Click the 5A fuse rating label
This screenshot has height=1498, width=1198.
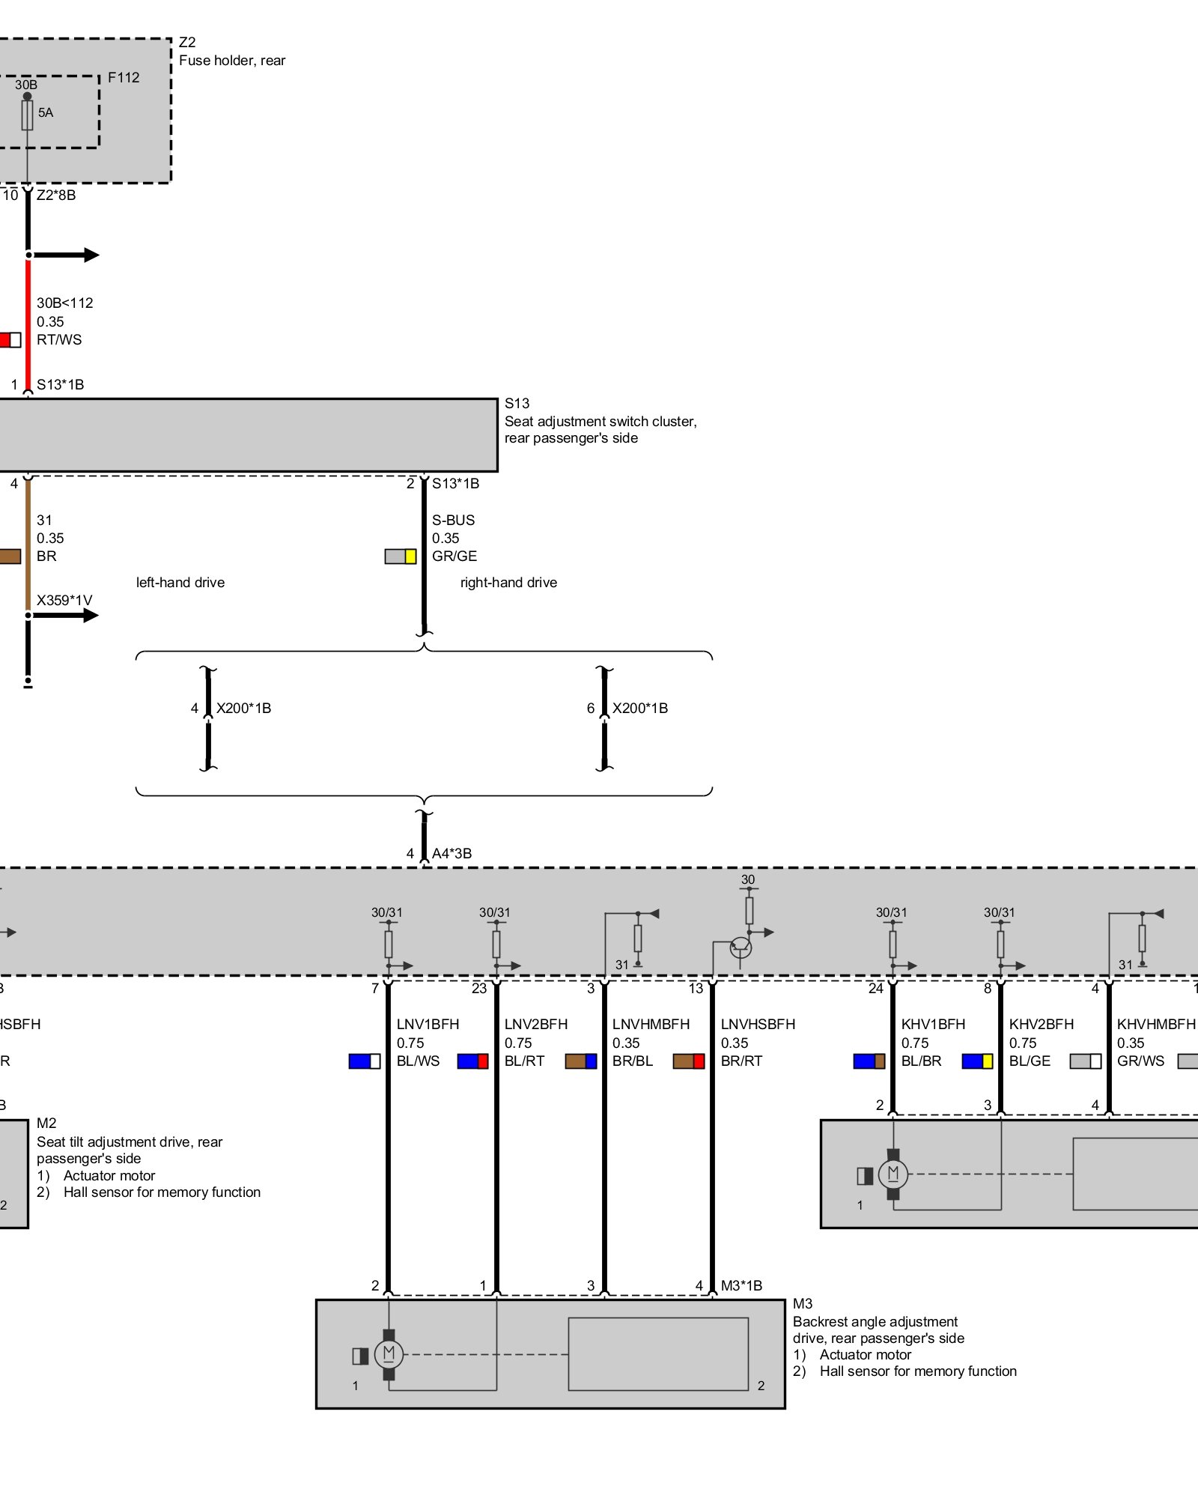tap(46, 112)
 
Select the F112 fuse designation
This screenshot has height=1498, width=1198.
tap(124, 77)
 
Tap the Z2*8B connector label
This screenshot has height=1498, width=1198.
tap(56, 195)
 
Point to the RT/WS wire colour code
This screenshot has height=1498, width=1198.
tap(59, 339)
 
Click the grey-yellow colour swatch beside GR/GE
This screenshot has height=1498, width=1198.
tap(400, 557)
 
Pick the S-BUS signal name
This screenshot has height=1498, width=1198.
tap(453, 520)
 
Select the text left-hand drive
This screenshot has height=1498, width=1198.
tap(180, 582)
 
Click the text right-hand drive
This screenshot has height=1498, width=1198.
tap(508, 582)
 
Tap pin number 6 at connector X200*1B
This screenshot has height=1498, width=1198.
tap(591, 708)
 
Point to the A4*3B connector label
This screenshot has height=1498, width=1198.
tap(451, 853)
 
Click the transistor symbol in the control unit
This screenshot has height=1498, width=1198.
tap(741, 947)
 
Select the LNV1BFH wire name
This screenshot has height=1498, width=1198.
tap(428, 1024)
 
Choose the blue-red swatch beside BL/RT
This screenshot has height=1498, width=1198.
tap(472, 1061)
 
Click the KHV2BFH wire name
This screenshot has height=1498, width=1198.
tap(1041, 1024)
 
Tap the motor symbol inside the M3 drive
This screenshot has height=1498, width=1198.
tap(389, 1353)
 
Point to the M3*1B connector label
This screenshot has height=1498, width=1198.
tap(741, 1285)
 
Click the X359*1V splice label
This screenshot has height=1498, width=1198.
tap(64, 600)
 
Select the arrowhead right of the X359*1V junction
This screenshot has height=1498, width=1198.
tap(91, 615)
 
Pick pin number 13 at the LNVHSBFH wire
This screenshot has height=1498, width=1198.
tap(696, 989)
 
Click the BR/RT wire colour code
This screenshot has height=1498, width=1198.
tap(741, 1061)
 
